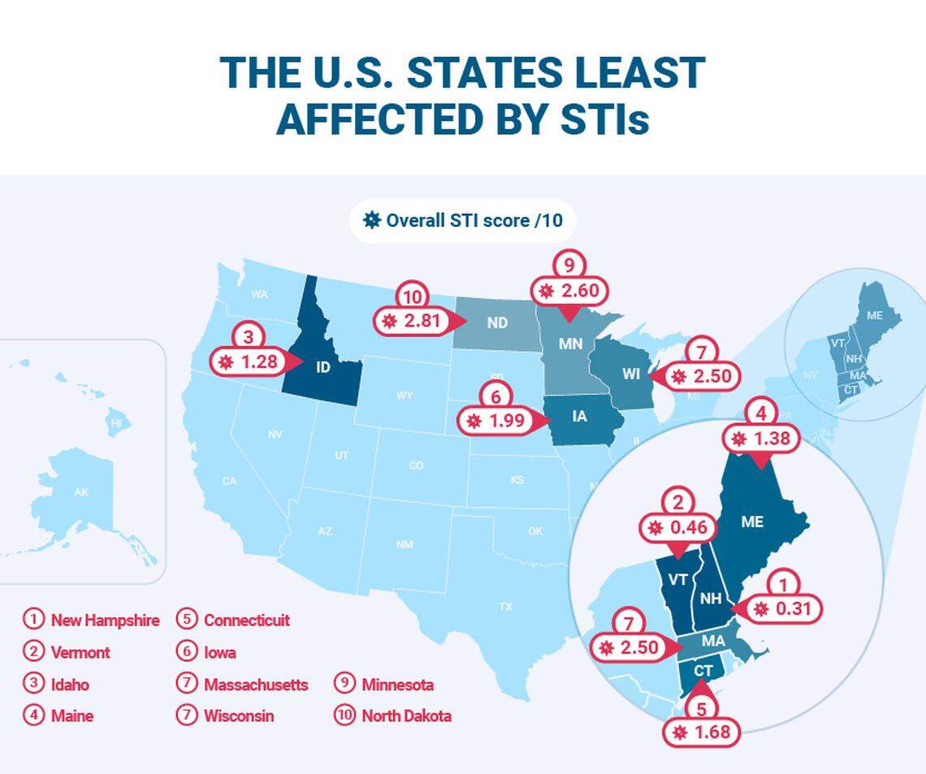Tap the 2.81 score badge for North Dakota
point(411,321)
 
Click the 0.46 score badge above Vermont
point(677,528)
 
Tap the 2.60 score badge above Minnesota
point(569,291)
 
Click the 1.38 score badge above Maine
point(760,439)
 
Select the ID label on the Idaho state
point(322,367)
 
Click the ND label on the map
point(497,322)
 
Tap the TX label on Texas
point(505,607)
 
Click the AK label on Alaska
point(81,492)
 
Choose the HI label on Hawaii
point(117,423)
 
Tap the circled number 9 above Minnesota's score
point(569,263)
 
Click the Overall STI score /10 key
point(463,220)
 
